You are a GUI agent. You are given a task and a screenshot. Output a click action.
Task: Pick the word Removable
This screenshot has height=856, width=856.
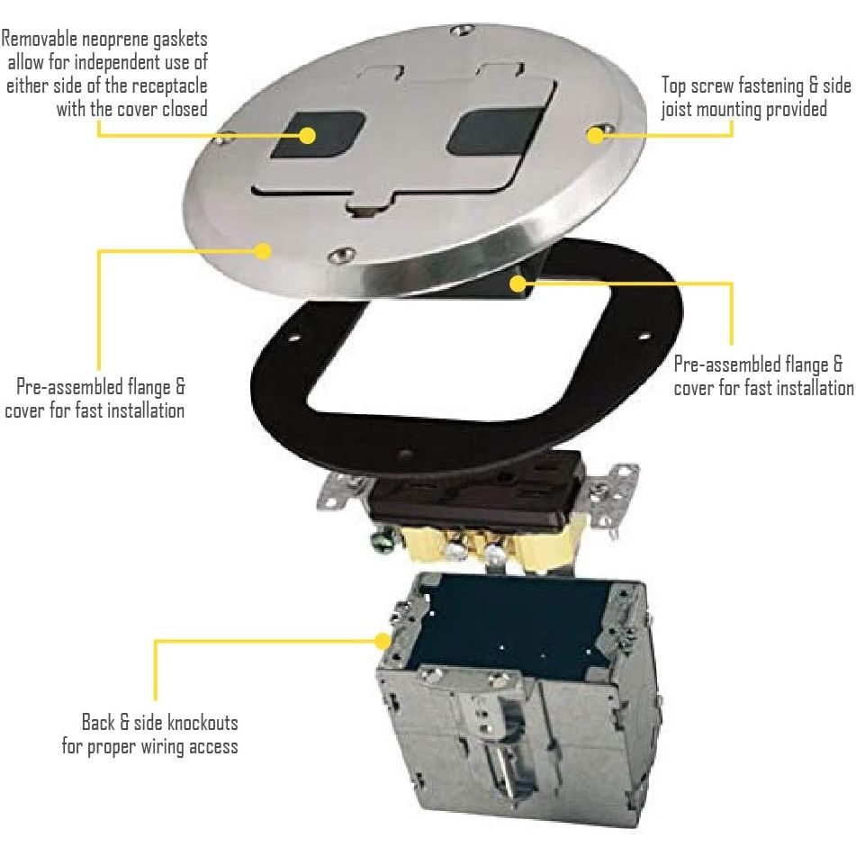(38, 40)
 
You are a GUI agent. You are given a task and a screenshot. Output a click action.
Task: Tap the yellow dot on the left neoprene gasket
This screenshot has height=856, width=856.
(308, 136)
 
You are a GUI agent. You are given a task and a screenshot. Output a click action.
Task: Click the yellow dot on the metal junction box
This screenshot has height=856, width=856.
(383, 641)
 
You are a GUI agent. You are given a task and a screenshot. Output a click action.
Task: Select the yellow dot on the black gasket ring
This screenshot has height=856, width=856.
(518, 284)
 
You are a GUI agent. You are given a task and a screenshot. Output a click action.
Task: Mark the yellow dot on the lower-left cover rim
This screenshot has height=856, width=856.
(263, 251)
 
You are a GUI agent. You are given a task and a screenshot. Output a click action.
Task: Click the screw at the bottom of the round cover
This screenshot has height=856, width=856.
(341, 257)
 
